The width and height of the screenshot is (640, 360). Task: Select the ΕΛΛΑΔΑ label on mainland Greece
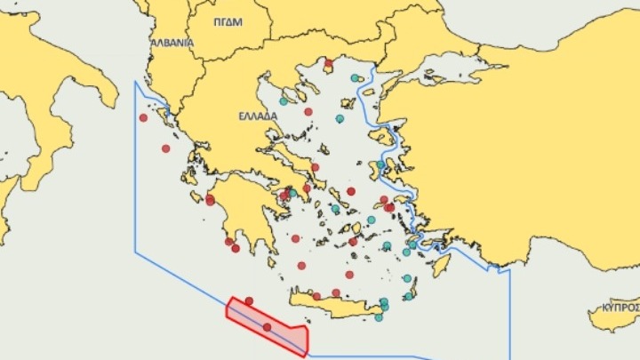click(x=258, y=116)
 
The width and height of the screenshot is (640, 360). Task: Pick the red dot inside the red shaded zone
click(x=268, y=327)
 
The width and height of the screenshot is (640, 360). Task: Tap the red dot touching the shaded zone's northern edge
click(x=249, y=300)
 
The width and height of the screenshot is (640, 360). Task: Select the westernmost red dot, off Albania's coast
click(x=143, y=117)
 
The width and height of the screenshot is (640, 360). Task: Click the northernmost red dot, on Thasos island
click(x=328, y=64)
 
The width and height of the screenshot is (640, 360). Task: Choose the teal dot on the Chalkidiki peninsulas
click(x=284, y=101)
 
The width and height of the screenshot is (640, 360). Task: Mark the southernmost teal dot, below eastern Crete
click(x=379, y=317)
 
